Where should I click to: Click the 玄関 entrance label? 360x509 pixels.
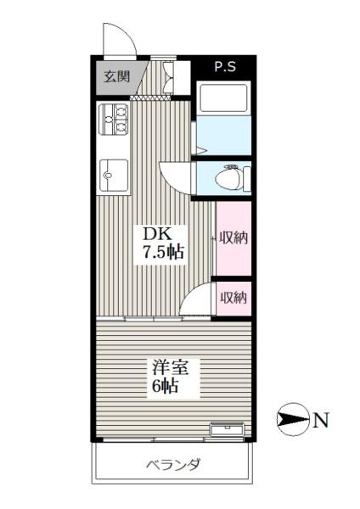[x=116, y=76]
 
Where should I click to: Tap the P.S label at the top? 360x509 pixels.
[x=225, y=66]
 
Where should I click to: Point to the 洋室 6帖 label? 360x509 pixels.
[x=170, y=377]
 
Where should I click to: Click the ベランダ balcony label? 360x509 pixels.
[x=173, y=465]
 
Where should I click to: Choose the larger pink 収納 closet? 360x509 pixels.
[x=233, y=238]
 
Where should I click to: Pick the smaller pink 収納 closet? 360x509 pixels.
[x=233, y=299]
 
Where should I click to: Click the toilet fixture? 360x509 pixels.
[x=233, y=177]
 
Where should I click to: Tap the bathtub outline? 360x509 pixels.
[x=223, y=98]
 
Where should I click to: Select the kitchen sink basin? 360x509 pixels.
[x=114, y=176]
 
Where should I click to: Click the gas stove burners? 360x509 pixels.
[x=114, y=119]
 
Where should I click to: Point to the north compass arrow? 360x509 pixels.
[x=292, y=420]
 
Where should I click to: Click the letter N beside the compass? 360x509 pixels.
[x=321, y=420]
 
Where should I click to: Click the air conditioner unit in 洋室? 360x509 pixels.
[x=227, y=429]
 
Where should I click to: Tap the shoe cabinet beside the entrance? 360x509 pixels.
[x=177, y=78]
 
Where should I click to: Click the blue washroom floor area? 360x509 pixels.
[x=223, y=135]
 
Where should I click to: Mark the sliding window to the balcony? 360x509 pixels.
[x=173, y=439]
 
